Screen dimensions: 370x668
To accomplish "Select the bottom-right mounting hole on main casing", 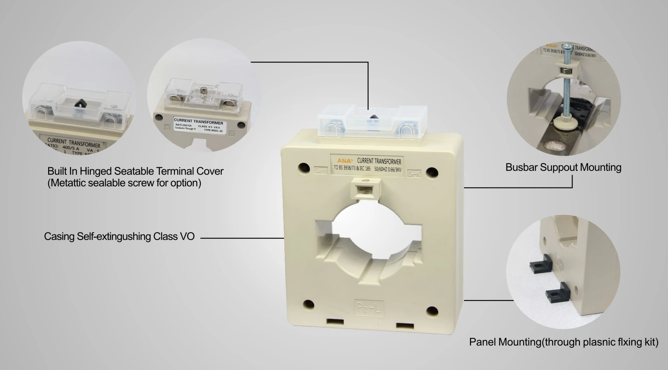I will pos(432,310).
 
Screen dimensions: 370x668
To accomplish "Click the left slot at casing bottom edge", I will pos(335,321).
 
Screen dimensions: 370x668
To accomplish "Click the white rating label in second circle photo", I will pos(198,125).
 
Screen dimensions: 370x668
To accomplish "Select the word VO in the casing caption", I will pos(187,236).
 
